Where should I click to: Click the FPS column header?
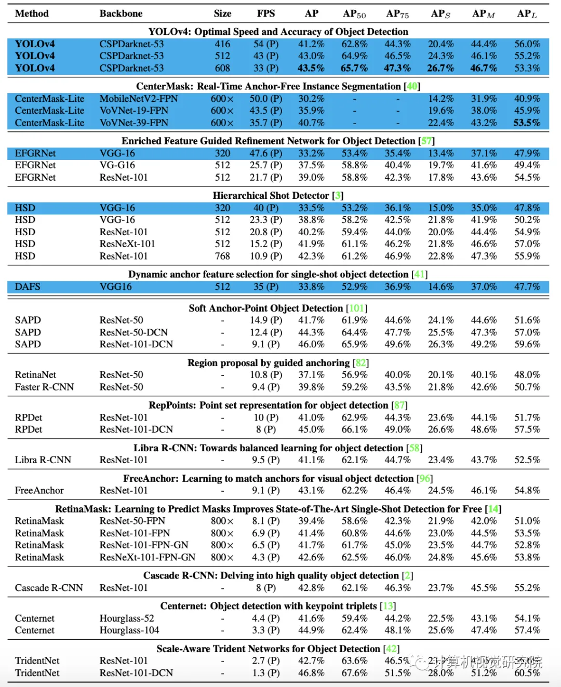265,14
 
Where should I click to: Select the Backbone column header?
121,14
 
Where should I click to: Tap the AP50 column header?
354,14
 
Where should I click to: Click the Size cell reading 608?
222,68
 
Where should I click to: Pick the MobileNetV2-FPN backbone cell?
139,99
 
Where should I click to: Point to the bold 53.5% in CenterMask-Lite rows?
527,123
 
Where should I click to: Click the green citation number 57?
426,141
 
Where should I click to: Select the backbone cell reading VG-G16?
117,165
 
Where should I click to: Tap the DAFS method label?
28,287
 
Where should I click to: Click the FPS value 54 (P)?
265,44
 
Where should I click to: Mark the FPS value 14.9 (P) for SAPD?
265,320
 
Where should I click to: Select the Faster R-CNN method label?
44,387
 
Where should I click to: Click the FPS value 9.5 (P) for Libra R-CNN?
265,460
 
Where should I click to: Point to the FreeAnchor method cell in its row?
39,491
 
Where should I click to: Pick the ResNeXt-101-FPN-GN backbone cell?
148,557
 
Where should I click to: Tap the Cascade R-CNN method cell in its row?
49,588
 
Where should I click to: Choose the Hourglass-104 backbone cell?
129,630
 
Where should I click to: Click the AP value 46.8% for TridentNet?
311,673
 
